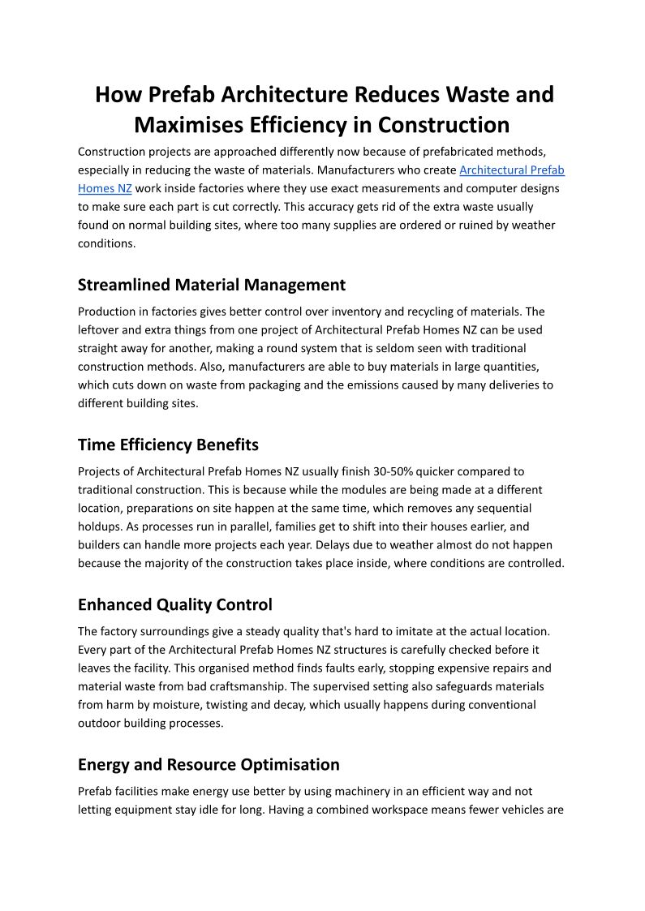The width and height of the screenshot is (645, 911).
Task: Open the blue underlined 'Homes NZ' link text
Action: tap(105, 188)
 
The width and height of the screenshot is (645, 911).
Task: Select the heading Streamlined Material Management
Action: tap(212, 285)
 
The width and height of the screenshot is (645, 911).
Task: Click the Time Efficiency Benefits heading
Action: tap(168, 445)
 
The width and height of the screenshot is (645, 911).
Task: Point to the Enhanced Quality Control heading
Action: tap(175, 604)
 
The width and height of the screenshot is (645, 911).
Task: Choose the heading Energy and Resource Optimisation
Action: tap(209, 764)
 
